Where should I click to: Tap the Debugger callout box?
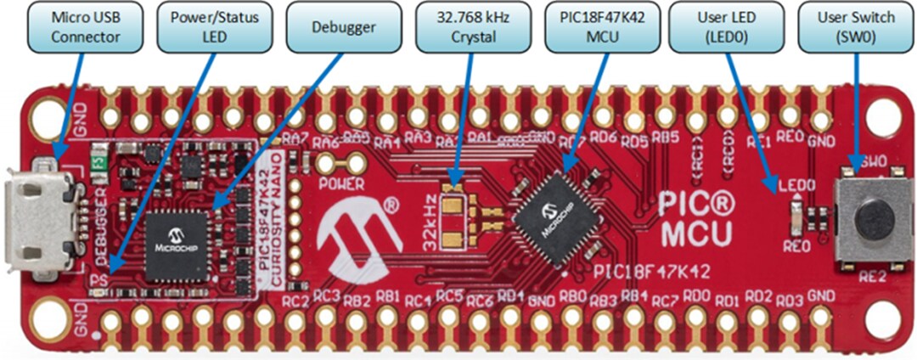coord(333,28)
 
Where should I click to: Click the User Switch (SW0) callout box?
coord(855,28)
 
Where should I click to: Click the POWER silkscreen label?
coord(341,183)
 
